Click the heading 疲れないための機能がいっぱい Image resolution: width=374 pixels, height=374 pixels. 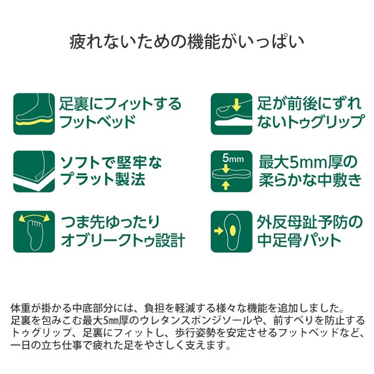pos(187,42)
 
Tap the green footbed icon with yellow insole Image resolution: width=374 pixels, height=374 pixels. pos(34,114)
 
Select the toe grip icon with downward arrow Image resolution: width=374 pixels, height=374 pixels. pos(232,114)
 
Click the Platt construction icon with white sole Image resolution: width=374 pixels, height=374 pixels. pos(34,171)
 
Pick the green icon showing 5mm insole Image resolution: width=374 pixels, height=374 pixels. pos(232,171)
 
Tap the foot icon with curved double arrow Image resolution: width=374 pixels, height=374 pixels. pos(34,232)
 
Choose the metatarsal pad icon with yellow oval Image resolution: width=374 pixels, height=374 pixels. pos(232,232)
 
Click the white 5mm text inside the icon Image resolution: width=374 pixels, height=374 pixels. pos(233,158)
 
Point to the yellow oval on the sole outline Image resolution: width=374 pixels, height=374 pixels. pos(233,230)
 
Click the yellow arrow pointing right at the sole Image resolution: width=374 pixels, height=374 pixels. pos(219,231)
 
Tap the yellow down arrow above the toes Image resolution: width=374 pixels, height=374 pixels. pos(236,105)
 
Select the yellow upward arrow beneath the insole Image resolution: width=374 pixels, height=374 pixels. pos(226,185)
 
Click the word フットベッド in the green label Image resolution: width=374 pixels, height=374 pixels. pos(97,122)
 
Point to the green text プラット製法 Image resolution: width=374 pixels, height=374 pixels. pos(103,179)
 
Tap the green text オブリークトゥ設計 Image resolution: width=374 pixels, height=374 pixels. pos(123,240)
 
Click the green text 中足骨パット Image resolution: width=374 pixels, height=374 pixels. pos(299,240)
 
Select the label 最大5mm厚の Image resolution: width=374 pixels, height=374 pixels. pos(308,162)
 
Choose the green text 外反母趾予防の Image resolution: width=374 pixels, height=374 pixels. pos(310,222)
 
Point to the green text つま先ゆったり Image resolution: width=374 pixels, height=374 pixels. pos(110,222)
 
